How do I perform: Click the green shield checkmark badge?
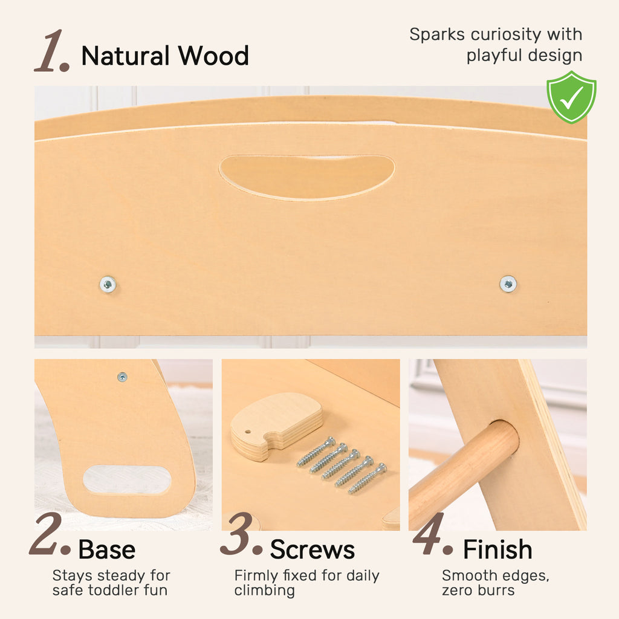(571, 97)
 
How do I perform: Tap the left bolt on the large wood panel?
(108, 284)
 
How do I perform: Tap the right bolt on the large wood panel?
(508, 284)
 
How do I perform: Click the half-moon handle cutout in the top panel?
(307, 177)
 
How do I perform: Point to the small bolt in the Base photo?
(122, 377)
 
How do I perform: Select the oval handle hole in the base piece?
(127, 479)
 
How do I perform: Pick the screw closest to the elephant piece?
(316, 451)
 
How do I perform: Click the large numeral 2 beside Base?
(49, 534)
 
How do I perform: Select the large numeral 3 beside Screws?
(241, 534)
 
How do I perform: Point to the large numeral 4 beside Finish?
(432, 534)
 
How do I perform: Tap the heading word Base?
(107, 549)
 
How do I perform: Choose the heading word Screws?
(313, 549)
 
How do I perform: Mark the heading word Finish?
(498, 549)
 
